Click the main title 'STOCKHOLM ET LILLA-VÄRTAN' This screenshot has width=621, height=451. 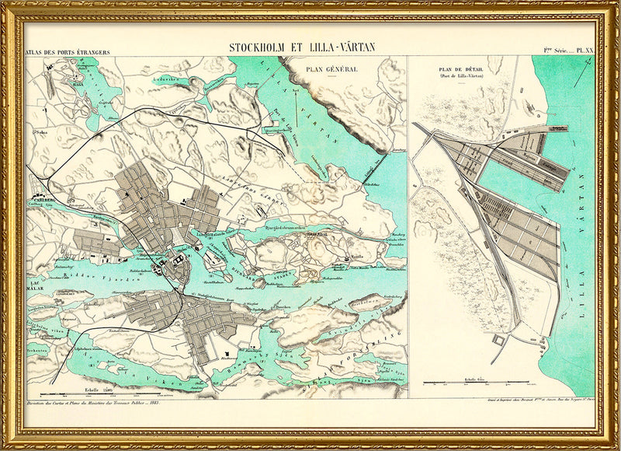(x=301, y=47)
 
